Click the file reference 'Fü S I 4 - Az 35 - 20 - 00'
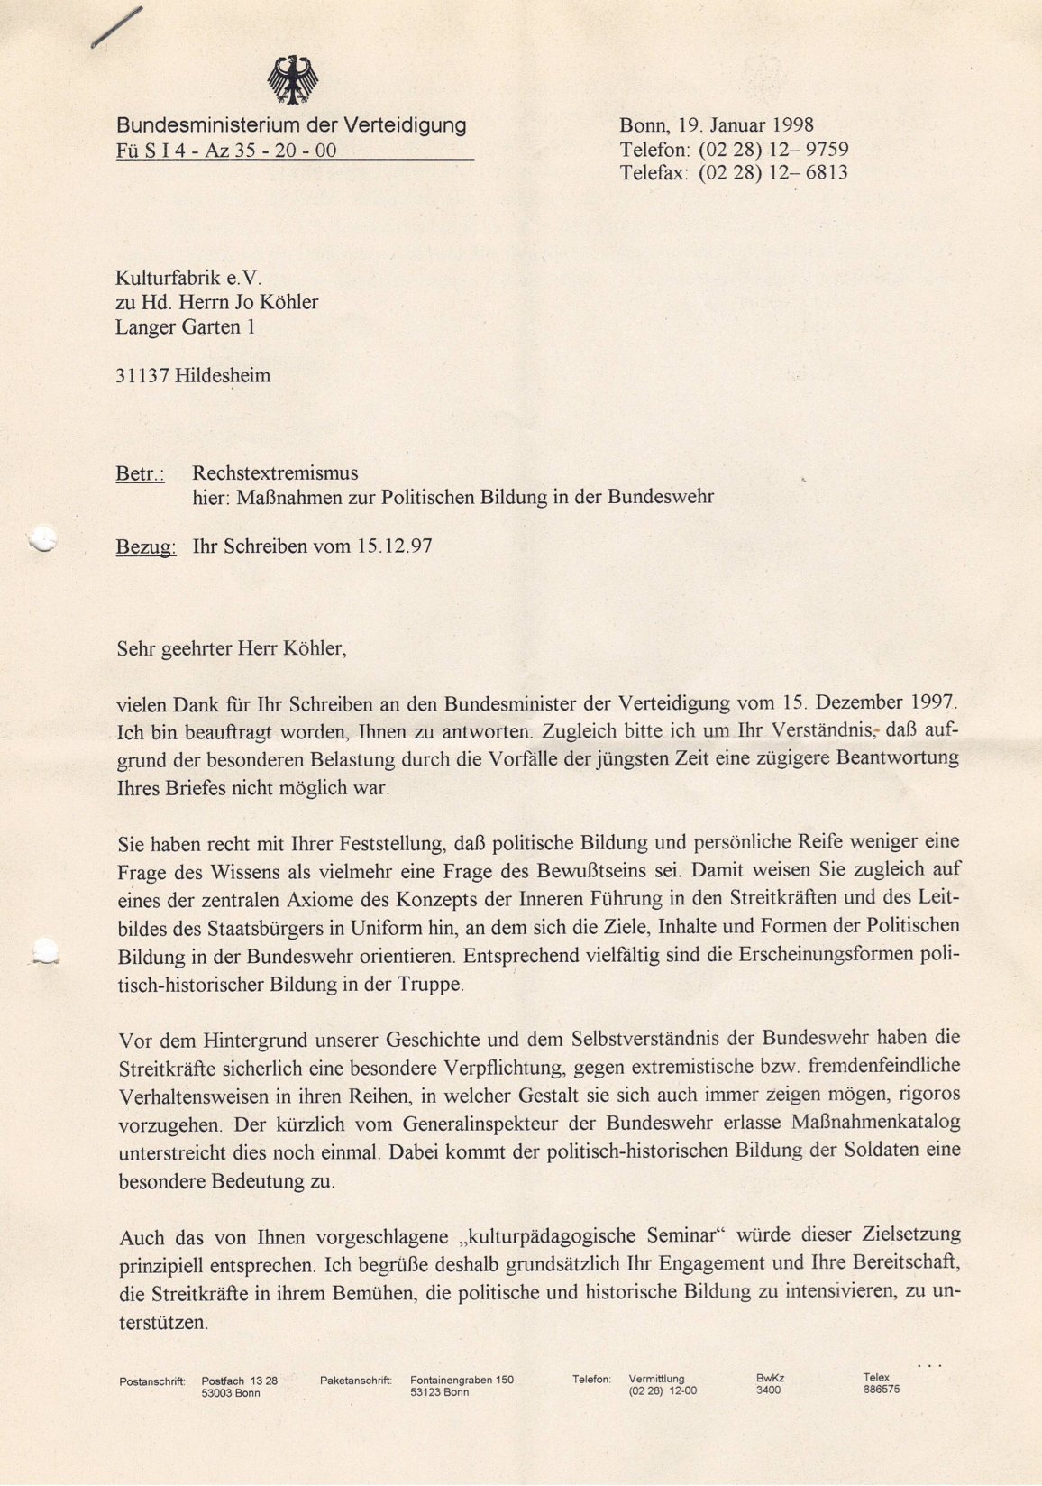coord(226,151)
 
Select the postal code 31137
coord(142,375)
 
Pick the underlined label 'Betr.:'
coord(141,473)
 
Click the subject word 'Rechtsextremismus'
coord(275,472)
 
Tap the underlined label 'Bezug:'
coord(146,546)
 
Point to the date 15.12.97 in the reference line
coord(394,546)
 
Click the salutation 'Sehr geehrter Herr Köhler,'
coord(232,647)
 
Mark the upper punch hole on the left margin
coord(41,540)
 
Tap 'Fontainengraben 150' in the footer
coord(462,1380)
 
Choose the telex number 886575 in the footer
coord(881,1390)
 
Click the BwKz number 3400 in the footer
coord(769,1390)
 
